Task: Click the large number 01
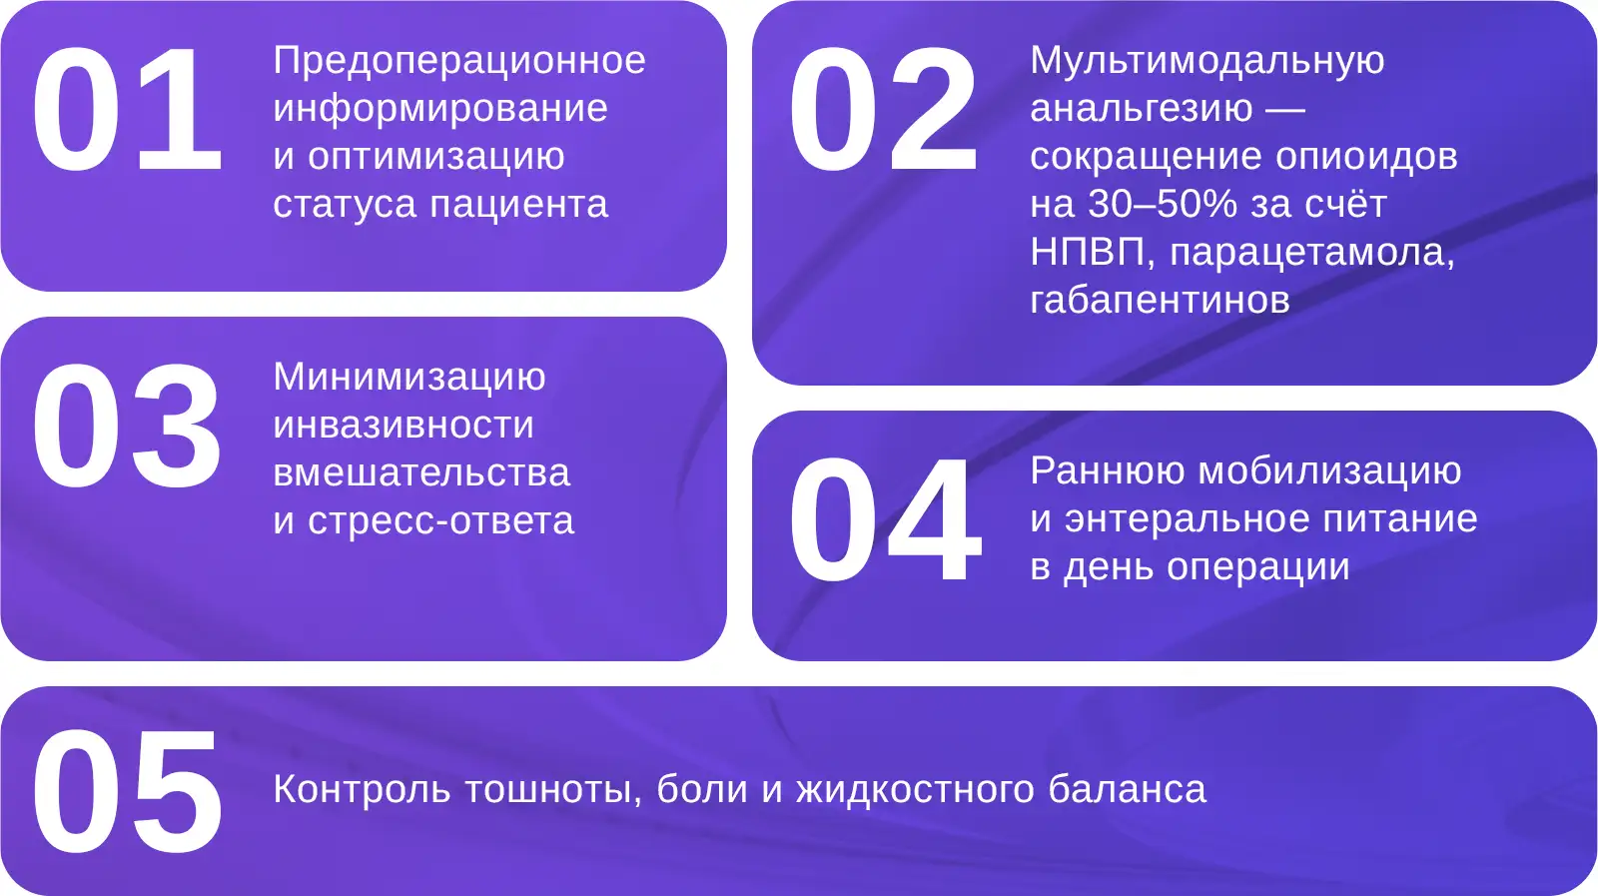(x=127, y=109)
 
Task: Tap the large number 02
(x=883, y=109)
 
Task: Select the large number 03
(x=126, y=427)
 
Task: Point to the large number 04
(x=885, y=520)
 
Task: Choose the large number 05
(x=126, y=791)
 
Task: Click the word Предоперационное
(x=459, y=61)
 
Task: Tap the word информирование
(x=440, y=109)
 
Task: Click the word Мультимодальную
(x=1207, y=61)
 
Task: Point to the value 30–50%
(x=1163, y=204)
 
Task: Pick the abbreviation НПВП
(x=1087, y=252)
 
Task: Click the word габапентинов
(x=1160, y=301)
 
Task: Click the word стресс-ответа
(x=440, y=521)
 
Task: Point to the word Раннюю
(x=1107, y=471)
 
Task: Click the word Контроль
(x=362, y=790)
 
